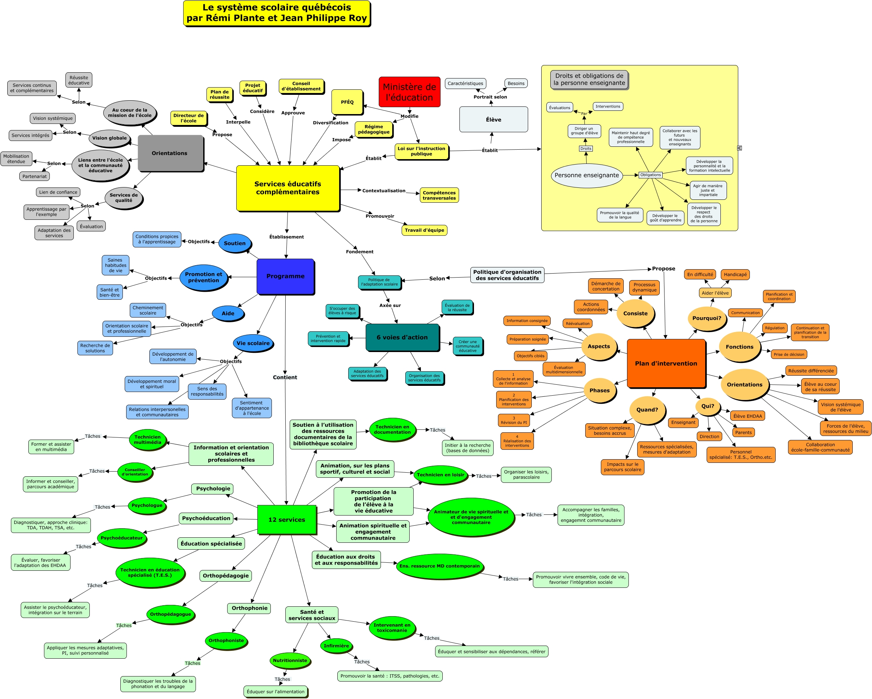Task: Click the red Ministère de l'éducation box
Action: pyautogui.click(x=409, y=92)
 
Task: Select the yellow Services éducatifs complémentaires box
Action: pyautogui.click(x=288, y=188)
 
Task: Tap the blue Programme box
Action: pyautogui.click(x=285, y=276)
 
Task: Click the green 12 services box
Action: pyautogui.click(x=286, y=520)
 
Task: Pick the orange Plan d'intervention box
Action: pyautogui.click(x=666, y=363)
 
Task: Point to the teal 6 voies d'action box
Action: pyautogui.click(x=402, y=337)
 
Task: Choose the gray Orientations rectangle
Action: pyautogui.click(x=170, y=153)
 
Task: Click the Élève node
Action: pyautogui.click(x=494, y=119)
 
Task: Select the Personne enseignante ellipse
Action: pyautogui.click(x=586, y=175)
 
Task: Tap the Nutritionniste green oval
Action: pyautogui.click(x=290, y=660)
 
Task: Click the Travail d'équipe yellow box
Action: pyautogui.click(x=424, y=230)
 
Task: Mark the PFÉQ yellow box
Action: pyautogui.click(x=347, y=102)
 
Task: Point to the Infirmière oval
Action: pyautogui.click(x=336, y=646)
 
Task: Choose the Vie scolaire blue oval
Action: pyautogui.click(x=253, y=343)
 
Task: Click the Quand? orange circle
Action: pyautogui.click(x=647, y=409)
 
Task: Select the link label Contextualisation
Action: pyautogui.click(x=383, y=190)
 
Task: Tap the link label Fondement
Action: pyautogui.click(x=359, y=251)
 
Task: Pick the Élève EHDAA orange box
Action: pyautogui.click(x=747, y=416)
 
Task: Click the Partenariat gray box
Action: pyautogui.click(x=35, y=176)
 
